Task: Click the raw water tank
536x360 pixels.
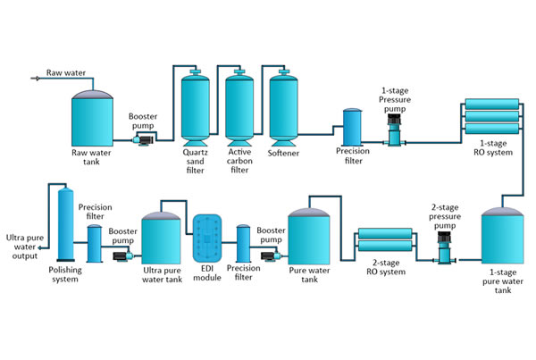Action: (x=93, y=116)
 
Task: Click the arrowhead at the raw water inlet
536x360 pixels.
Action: (x=35, y=79)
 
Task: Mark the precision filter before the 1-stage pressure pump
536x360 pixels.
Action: (x=352, y=128)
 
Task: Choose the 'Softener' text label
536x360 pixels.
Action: (x=283, y=154)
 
